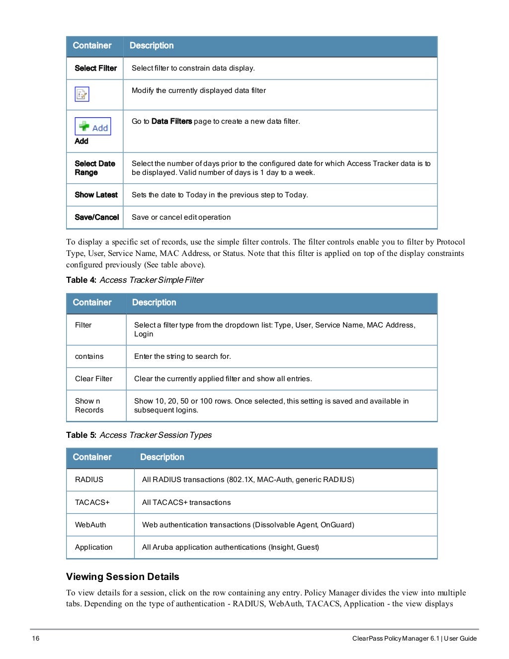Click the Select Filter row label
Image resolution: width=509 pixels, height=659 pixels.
click(95, 68)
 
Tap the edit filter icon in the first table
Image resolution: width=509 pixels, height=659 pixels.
click(82, 94)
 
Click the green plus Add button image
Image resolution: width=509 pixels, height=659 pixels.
click(93, 127)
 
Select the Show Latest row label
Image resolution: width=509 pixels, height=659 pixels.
click(96, 195)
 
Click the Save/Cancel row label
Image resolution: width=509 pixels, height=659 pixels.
click(96, 217)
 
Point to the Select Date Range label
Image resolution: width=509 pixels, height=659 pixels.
click(94, 168)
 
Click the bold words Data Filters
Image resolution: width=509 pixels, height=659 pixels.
click(171, 121)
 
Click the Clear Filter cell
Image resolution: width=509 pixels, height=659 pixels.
click(93, 379)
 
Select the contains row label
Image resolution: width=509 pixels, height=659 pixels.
click(89, 356)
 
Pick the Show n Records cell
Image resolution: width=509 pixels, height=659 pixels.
click(89, 406)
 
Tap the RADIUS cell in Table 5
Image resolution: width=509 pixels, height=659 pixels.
click(89, 480)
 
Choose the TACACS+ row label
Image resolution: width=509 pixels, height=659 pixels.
click(92, 502)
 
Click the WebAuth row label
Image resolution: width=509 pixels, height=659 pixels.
click(90, 525)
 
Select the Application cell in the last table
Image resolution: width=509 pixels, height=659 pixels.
click(93, 547)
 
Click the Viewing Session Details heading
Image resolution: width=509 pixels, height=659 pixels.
click(122, 577)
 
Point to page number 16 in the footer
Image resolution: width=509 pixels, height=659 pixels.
click(36, 639)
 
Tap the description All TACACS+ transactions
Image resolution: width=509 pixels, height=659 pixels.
click(186, 502)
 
